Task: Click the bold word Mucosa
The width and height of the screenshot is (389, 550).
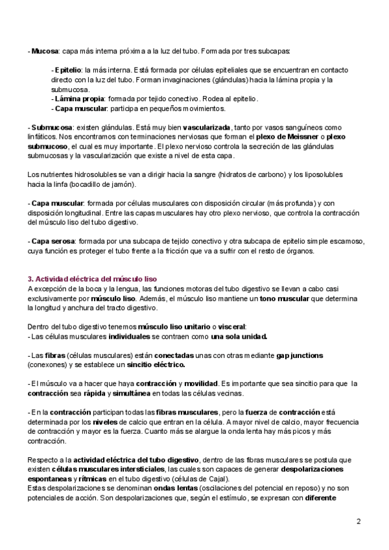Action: coord(44,51)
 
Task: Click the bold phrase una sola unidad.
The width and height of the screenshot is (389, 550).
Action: coord(239,337)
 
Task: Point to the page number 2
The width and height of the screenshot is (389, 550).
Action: coord(359,521)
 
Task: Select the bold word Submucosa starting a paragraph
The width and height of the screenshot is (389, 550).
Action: coord(52,128)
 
